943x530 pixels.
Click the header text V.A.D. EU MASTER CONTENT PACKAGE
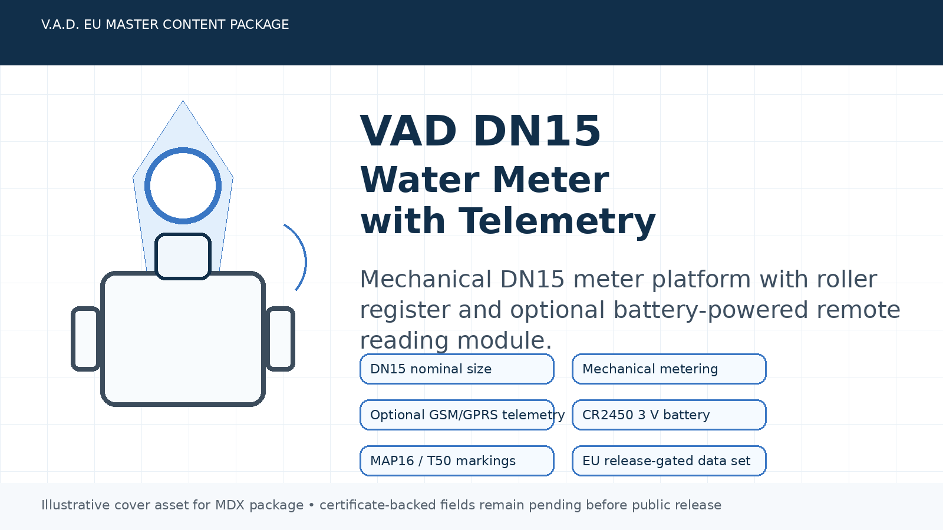(165, 25)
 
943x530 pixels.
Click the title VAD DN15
(480, 131)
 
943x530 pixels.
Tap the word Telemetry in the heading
(557, 221)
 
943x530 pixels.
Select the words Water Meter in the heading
(484, 180)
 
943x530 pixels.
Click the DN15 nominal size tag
(457, 369)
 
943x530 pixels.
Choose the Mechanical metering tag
(669, 369)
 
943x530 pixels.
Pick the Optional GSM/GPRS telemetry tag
(457, 415)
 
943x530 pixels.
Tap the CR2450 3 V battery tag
(669, 415)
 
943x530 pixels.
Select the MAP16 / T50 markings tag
(457, 461)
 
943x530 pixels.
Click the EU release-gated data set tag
(669, 461)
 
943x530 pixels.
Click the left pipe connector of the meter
(86, 339)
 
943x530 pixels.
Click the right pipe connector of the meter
(280, 339)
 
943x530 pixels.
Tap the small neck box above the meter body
(183, 256)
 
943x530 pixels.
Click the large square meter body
(183, 342)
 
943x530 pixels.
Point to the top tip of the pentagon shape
(183, 102)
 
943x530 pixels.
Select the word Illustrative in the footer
(75, 505)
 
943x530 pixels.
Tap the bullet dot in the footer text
(311, 505)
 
